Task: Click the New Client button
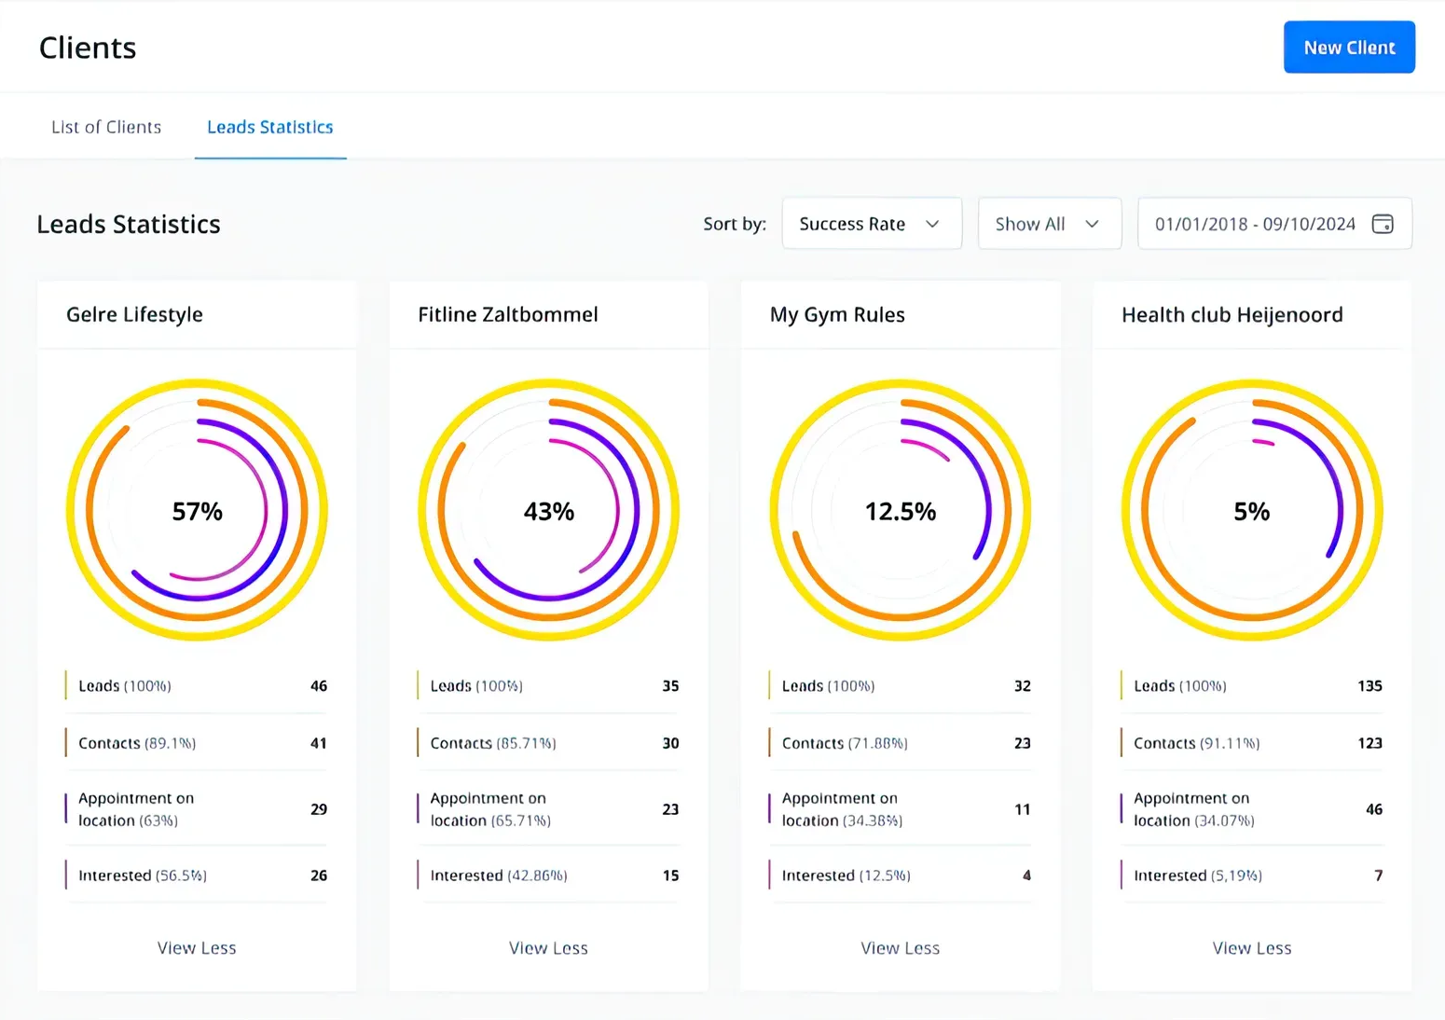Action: coord(1348,48)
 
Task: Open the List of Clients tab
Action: coord(106,127)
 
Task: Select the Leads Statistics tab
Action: coord(269,127)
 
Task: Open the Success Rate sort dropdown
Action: coord(871,224)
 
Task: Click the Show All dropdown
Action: coord(1048,224)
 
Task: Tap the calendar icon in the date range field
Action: coord(1383,224)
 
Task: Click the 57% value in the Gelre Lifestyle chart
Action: coord(197,511)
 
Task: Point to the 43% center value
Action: coord(548,511)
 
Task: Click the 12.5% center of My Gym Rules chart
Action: coord(900,511)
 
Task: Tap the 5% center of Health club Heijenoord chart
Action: coord(1251,511)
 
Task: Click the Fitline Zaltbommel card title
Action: coord(507,315)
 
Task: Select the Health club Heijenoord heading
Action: coord(1232,315)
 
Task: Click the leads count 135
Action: coord(1369,686)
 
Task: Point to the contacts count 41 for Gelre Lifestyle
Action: coord(318,743)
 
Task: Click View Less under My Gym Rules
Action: coord(900,948)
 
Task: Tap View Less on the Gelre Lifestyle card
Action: coord(197,948)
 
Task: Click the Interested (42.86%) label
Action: coord(498,875)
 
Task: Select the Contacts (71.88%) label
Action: coord(844,743)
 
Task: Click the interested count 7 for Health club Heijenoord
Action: coord(1378,875)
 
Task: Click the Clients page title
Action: coord(88,48)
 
